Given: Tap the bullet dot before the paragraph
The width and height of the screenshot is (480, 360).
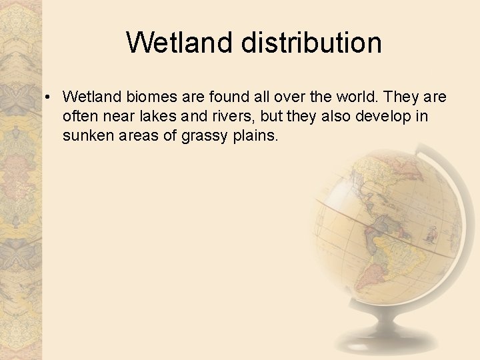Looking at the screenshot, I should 49,98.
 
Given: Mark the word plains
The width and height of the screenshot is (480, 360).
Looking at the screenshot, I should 255,136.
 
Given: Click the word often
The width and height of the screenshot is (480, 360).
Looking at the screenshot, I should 79,117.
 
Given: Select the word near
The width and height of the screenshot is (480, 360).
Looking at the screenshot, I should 116,117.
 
